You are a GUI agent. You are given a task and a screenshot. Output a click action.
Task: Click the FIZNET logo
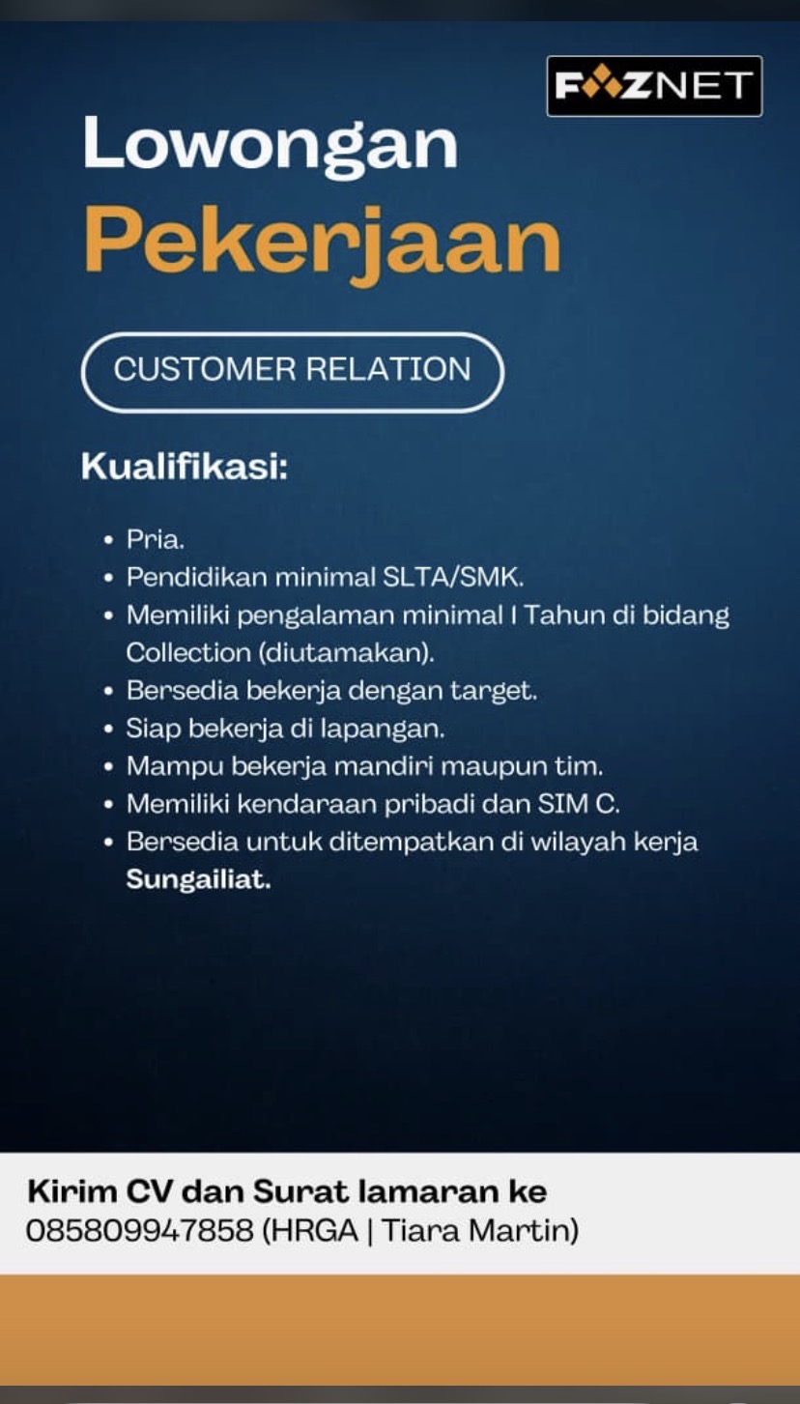[654, 86]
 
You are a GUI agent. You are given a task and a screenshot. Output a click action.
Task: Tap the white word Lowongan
[271, 145]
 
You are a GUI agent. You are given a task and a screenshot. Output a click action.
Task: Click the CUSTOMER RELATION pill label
[292, 371]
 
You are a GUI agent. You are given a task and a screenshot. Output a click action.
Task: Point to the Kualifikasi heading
[185, 467]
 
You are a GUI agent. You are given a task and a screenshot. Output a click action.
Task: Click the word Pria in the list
[155, 539]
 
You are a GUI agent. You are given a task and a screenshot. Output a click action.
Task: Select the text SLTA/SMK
[453, 577]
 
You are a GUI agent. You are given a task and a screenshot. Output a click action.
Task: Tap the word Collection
[188, 653]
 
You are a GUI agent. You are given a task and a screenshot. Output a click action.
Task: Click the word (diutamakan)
[346, 654]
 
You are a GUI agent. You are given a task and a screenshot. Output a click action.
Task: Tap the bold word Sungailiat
[198, 880]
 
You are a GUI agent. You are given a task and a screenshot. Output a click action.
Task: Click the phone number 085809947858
[140, 1230]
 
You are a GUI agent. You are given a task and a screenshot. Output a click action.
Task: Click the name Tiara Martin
[476, 1230]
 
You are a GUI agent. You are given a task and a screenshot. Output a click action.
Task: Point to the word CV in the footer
[149, 1191]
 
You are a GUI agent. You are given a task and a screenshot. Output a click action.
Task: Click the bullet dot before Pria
[109, 540]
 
